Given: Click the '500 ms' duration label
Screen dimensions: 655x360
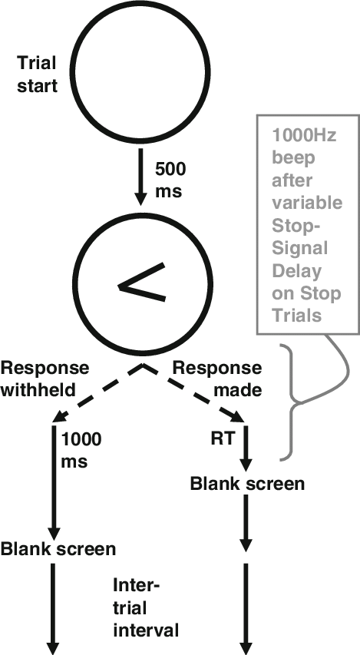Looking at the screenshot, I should pos(169,180).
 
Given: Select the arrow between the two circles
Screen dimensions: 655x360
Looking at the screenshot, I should pos(141,178).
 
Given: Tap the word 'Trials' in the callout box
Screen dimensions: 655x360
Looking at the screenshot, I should pos(297,315).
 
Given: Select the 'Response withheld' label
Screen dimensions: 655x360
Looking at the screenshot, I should pos(45,379).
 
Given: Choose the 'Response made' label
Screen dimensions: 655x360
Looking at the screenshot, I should pos(216,379).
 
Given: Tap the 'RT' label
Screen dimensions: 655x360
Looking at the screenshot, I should pos(222,438).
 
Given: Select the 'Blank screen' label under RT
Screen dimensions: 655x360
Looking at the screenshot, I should pos(247,484).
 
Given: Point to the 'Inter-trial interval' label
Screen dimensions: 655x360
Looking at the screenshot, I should pos(145,607).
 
